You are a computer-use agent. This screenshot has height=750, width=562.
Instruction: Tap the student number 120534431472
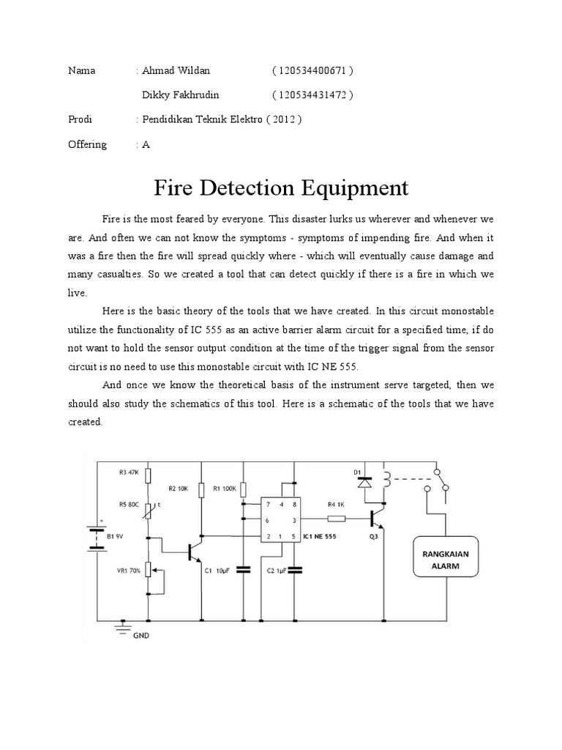pos(312,95)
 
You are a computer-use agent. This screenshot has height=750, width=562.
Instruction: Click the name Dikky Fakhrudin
pos(179,95)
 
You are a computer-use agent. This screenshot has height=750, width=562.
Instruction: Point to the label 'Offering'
pos(87,144)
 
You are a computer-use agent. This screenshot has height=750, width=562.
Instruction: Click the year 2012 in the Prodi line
pos(285,120)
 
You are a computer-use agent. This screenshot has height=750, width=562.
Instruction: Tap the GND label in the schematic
pos(141,636)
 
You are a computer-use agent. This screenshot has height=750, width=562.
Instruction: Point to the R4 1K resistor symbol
pos(336,519)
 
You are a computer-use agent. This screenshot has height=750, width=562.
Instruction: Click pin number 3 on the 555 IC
pos(293,519)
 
